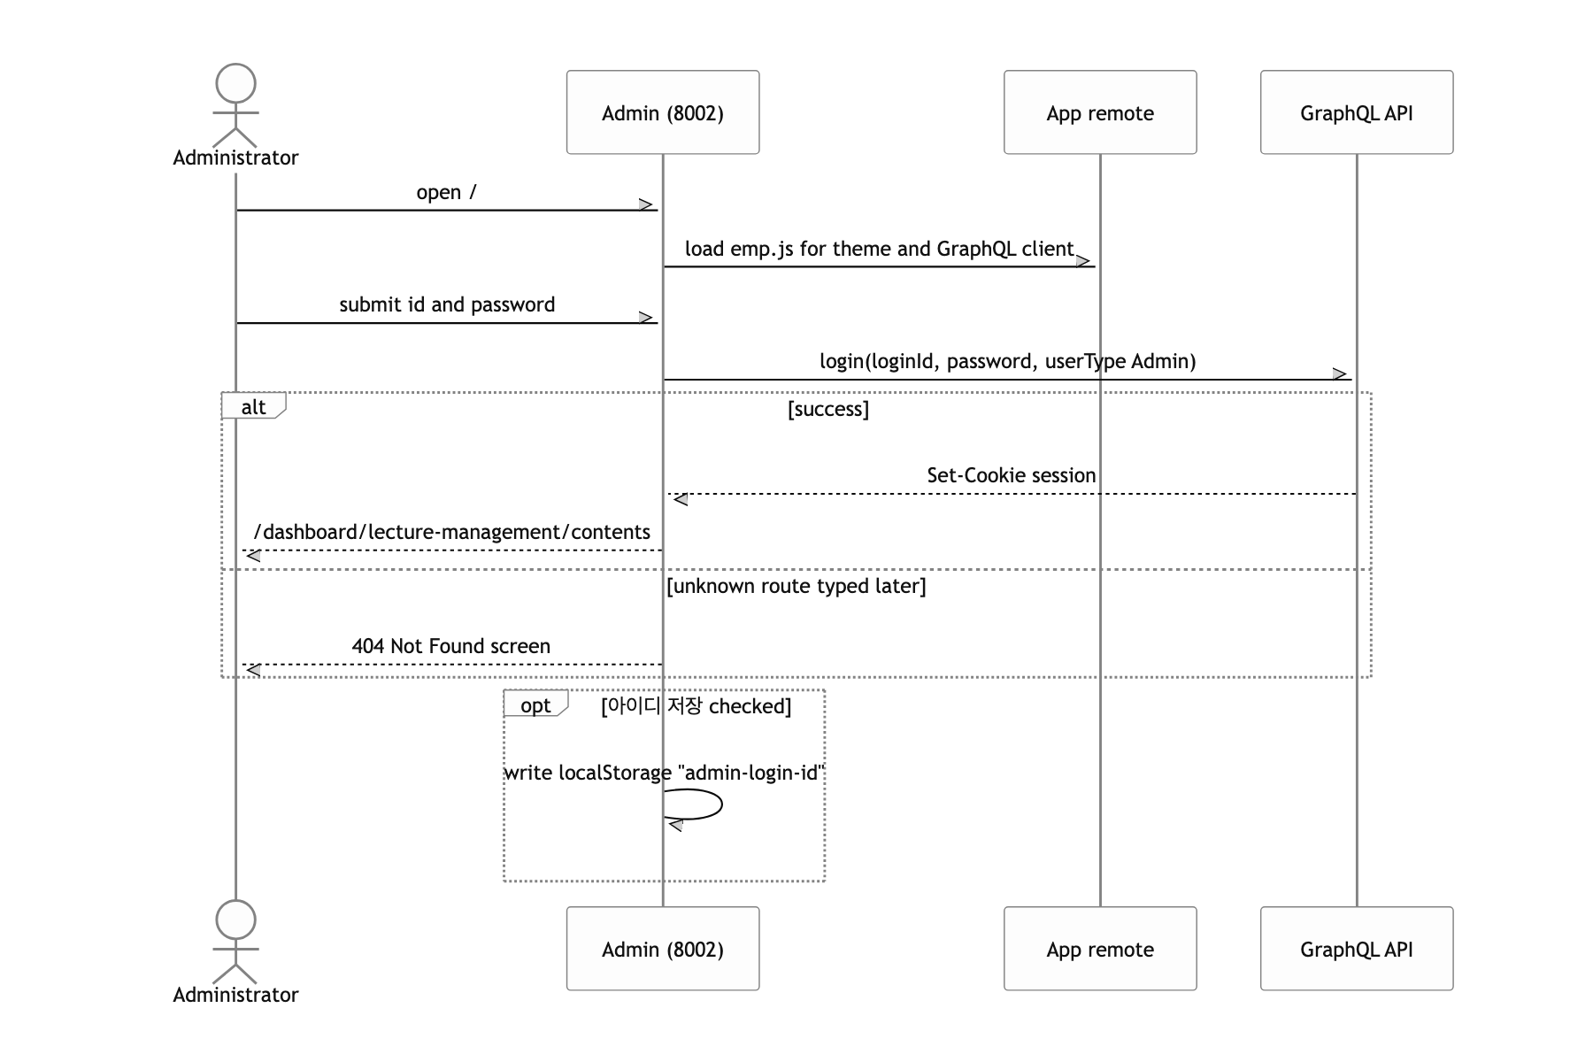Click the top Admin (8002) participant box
(x=663, y=112)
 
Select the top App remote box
(x=1100, y=112)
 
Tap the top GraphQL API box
(x=1357, y=112)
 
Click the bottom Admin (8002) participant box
(x=663, y=949)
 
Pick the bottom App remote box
(x=1100, y=949)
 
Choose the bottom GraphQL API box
(x=1357, y=949)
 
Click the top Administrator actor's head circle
(x=235, y=84)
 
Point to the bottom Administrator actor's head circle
(x=235, y=920)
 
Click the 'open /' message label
(x=447, y=192)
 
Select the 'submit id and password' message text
(x=447, y=304)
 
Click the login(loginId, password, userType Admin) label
(x=1008, y=361)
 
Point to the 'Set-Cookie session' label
(x=1012, y=475)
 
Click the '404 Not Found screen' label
(x=451, y=646)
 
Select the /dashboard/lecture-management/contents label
(x=452, y=532)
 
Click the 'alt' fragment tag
(x=253, y=406)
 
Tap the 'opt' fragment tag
(x=535, y=704)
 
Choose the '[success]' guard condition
(x=828, y=409)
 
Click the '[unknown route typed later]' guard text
(x=796, y=586)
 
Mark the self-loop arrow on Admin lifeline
(x=722, y=804)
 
